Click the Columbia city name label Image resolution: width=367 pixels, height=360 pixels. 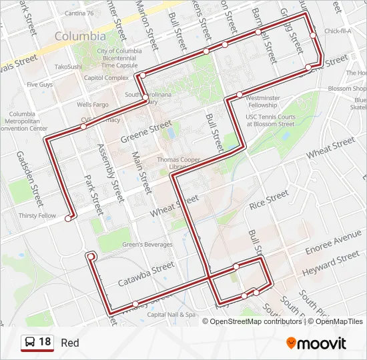tap(80, 36)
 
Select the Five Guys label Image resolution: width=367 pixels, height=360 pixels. tap(40, 85)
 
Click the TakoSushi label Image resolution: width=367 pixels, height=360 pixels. tap(67, 67)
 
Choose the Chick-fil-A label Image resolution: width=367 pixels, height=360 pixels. tap(338, 31)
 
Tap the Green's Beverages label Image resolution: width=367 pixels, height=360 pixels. tap(147, 245)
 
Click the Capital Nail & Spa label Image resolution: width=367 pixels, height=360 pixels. tap(171, 314)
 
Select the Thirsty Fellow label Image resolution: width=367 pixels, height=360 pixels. tap(37, 216)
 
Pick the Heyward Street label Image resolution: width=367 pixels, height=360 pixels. tap(330, 264)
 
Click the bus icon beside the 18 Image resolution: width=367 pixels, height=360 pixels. tap(30, 343)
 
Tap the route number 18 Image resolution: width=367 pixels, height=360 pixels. tap(45, 343)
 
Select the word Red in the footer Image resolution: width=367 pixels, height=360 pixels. tap(70, 343)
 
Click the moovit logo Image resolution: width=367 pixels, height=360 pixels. tap(316, 343)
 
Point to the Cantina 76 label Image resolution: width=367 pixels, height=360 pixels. tap(89, 13)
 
